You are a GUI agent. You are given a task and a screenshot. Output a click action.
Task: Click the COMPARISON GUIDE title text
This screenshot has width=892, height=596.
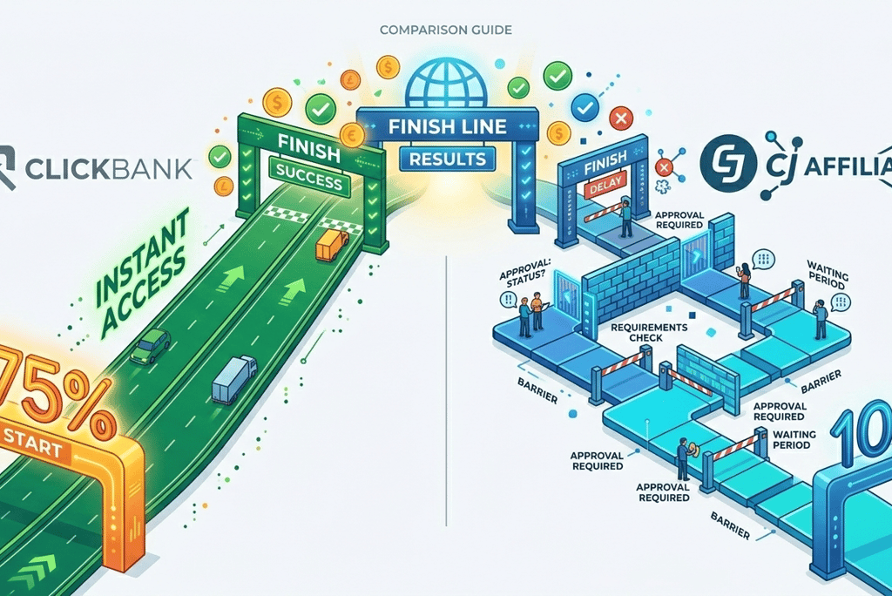[446, 30]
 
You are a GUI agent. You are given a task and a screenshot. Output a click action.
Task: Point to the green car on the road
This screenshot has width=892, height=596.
[150, 344]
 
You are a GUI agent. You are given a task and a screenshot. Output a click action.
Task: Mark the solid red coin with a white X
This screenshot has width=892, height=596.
[621, 118]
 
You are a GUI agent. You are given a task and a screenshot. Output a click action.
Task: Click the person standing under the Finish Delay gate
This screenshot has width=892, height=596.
[625, 218]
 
